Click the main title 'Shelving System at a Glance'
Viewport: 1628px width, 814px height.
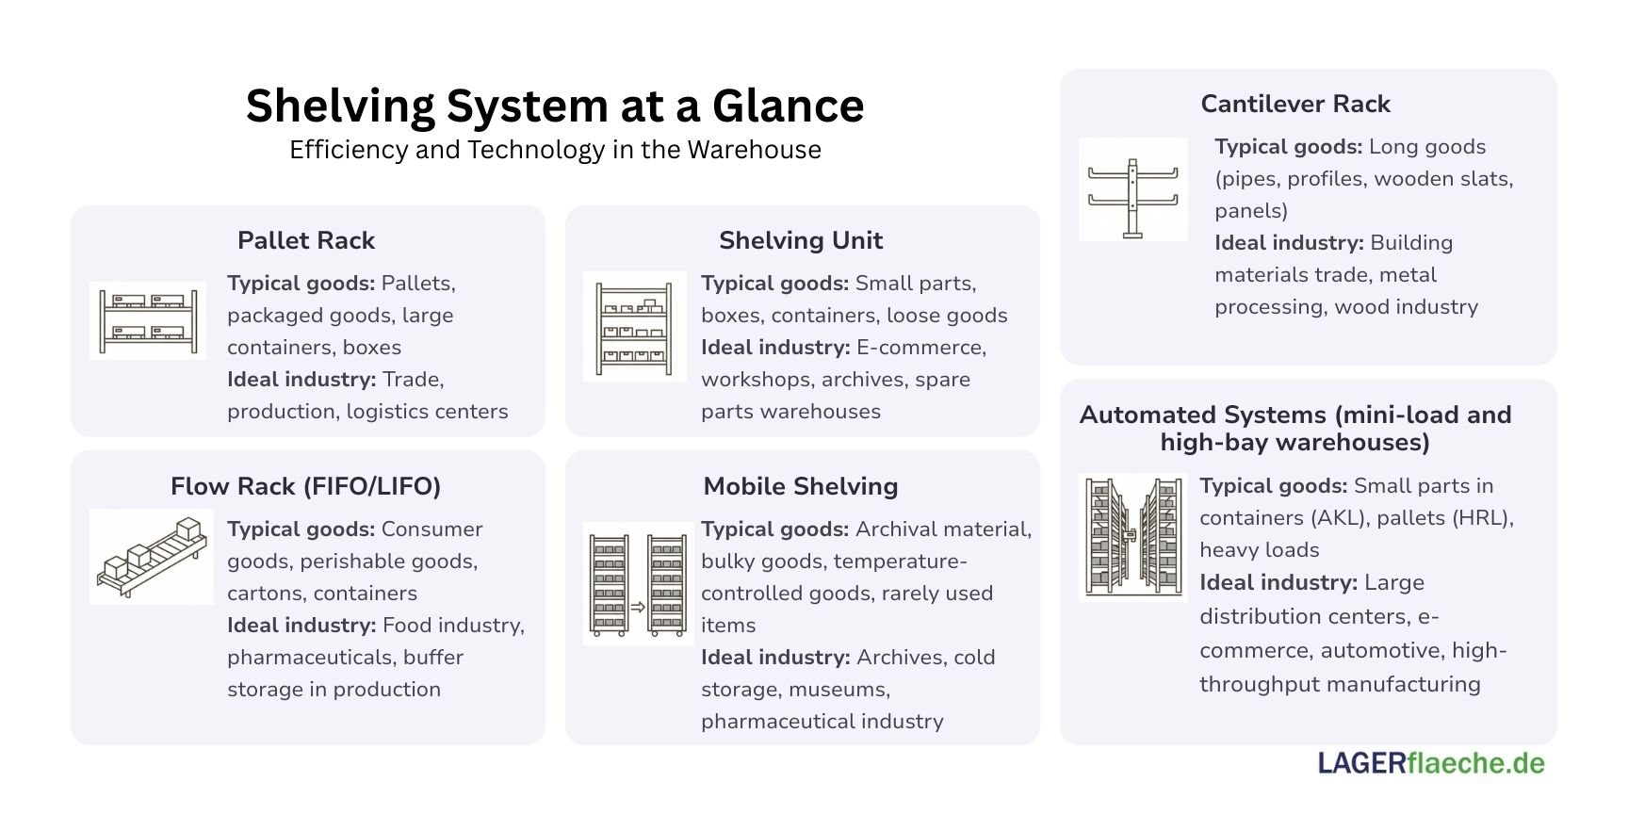[555, 106]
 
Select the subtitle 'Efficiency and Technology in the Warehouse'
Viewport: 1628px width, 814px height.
[555, 150]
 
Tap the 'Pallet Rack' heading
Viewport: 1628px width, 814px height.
[306, 240]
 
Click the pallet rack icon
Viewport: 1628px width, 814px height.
[148, 320]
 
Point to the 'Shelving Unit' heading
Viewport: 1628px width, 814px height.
[801, 240]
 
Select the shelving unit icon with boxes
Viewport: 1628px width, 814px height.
[635, 326]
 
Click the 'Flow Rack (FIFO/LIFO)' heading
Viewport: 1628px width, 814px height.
[306, 486]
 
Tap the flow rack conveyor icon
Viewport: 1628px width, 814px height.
[152, 557]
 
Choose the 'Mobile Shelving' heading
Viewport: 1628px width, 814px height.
[801, 486]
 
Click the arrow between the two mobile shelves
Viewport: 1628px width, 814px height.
[638, 608]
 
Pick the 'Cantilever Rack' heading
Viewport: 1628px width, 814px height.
[1295, 104]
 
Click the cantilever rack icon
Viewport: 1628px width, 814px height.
[1132, 189]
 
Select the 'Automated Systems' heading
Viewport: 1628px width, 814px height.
[1295, 428]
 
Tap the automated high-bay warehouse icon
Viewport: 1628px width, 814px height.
[1132, 537]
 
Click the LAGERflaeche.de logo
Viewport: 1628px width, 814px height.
[1431, 763]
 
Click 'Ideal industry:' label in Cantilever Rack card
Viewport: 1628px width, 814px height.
[1288, 243]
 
